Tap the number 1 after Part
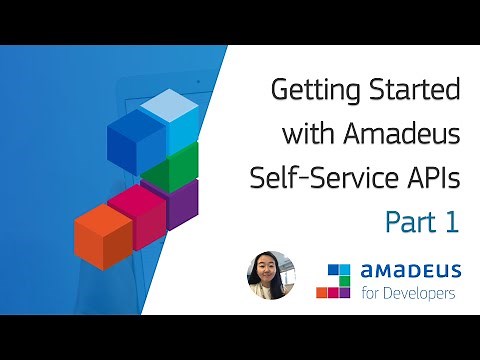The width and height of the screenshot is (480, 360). pyautogui.click(x=452, y=221)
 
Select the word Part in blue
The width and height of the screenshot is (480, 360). pyautogui.click(x=412, y=221)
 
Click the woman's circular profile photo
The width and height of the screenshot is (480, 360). pyautogui.click(x=271, y=277)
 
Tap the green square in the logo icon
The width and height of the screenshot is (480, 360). pyautogui.click(x=345, y=280)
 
